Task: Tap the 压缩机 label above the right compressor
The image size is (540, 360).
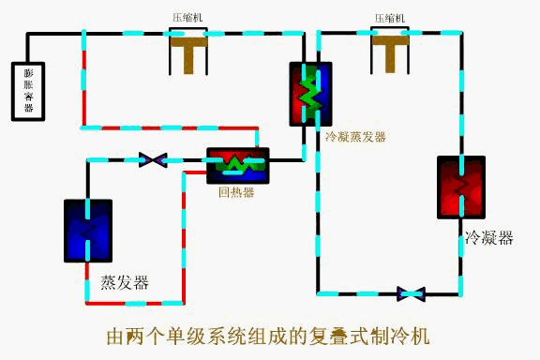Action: pos(390,18)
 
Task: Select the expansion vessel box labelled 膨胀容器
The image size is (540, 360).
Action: pos(27,92)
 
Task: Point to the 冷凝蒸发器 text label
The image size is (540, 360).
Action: pos(355,137)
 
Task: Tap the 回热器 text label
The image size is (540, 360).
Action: pos(236,193)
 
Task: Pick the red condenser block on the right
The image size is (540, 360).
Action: pos(460,187)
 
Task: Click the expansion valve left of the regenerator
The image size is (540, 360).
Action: pos(152,160)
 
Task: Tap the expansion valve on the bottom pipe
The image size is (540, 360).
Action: pos(411,293)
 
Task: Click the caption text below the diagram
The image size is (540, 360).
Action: pos(269,335)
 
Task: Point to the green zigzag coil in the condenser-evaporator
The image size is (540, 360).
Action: pos(308,95)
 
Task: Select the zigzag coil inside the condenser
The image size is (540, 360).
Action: pos(460,187)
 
